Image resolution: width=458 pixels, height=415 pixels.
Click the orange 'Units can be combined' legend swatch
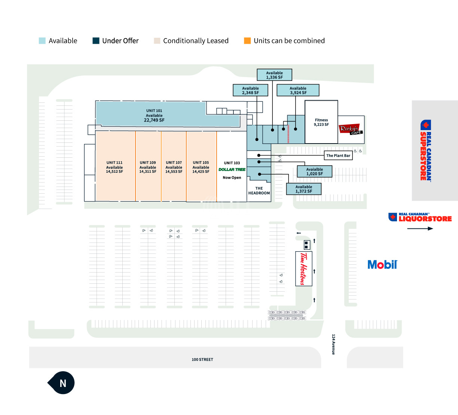pos(247,41)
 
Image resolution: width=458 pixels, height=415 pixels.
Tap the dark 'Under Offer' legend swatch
pos(96,41)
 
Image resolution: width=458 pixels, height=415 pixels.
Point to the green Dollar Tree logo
pos(232,169)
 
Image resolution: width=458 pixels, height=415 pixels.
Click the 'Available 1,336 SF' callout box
pos(274,75)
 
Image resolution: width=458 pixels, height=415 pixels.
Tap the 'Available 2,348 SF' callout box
pos(250,90)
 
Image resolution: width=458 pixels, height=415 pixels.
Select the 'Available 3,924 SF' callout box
pos(298,90)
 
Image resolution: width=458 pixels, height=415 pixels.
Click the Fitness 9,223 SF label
pos(321,122)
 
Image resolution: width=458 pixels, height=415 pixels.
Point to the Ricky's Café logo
pos(351,129)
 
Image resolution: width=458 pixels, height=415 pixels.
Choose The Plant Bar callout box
pos(338,156)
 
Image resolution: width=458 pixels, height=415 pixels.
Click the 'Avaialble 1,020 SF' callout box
pos(315,171)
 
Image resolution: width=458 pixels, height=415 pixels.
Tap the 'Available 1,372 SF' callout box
pos(304,189)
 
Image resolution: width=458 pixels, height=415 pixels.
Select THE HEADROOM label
pos(259,191)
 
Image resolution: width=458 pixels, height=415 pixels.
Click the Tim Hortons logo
pos(304,269)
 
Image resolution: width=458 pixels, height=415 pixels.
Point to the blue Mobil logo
pos(382,265)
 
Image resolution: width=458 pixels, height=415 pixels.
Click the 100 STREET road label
pos(202,359)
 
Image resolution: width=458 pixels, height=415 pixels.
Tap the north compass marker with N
pos(61,382)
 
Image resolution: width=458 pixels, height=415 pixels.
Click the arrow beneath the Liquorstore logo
pos(420,228)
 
